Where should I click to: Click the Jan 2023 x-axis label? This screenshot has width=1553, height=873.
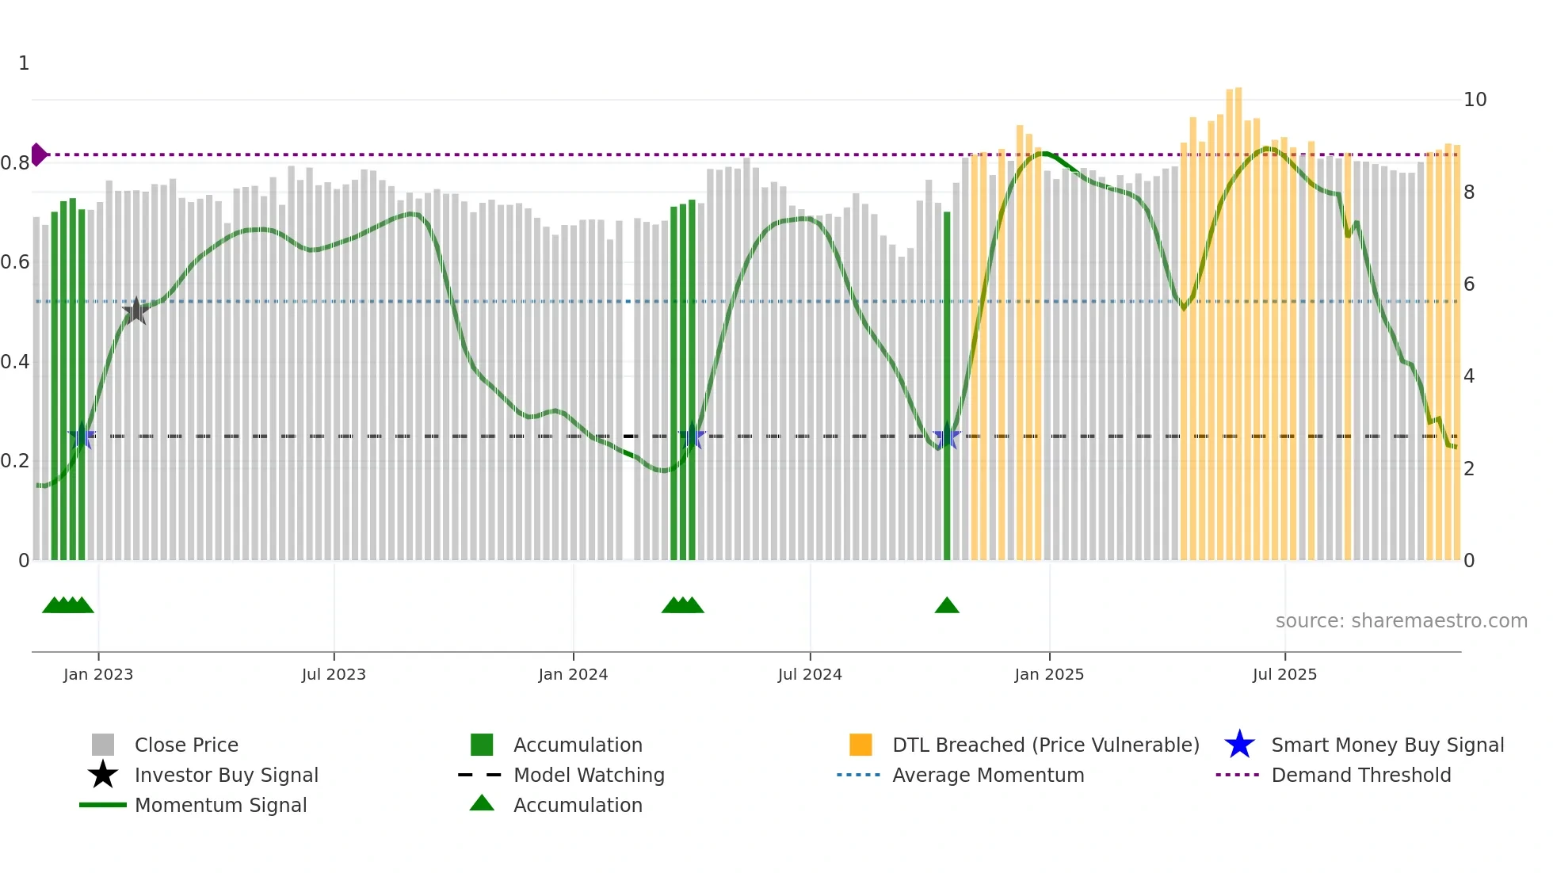tap(98, 675)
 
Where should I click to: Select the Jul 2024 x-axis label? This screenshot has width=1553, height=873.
tap(810, 675)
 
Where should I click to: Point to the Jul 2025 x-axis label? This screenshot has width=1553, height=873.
tap(1284, 675)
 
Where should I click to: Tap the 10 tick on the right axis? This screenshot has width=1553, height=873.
tap(1475, 100)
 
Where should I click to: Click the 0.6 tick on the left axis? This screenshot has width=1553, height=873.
tap(15, 262)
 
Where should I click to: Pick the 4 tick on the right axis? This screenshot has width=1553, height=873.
tap(1469, 376)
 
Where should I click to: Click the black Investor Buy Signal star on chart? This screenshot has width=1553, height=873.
tap(135, 311)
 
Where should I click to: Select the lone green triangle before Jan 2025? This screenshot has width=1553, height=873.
tap(947, 606)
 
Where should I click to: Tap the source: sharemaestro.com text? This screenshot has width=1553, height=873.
tap(1401, 621)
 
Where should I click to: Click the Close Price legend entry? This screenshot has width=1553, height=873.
tap(186, 745)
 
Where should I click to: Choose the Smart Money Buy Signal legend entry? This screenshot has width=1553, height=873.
tap(1387, 745)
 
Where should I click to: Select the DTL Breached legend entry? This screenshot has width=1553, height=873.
tap(1045, 745)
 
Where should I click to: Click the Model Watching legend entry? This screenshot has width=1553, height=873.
tap(589, 776)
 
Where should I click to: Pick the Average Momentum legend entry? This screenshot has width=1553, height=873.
tap(987, 776)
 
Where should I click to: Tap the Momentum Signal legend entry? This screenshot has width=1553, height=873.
tap(220, 806)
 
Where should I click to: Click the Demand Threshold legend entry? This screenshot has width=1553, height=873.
tap(1360, 776)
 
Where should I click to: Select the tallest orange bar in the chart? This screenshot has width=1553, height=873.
tap(1238, 317)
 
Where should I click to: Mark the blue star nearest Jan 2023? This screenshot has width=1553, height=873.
tap(82, 436)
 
